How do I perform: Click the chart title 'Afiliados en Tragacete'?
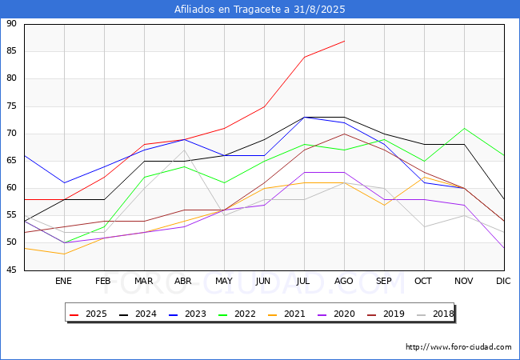(x=260, y=10)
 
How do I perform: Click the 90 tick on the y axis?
(x=11, y=24)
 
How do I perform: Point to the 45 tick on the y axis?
(x=11, y=270)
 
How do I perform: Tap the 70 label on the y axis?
(x=11, y=134)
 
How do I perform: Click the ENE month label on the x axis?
(x=64, y=282)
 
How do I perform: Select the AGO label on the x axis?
(x=344, y=282)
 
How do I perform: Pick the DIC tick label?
(x=503, y=282)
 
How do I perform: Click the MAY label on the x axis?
(x=224, y=282)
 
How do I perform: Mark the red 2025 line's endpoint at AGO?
(x=344, y=41)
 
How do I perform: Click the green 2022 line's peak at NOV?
(x=464, y=128)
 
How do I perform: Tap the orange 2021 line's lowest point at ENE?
(x=64, y=254)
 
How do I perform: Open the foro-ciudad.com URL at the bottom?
(x=458, y=347)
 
